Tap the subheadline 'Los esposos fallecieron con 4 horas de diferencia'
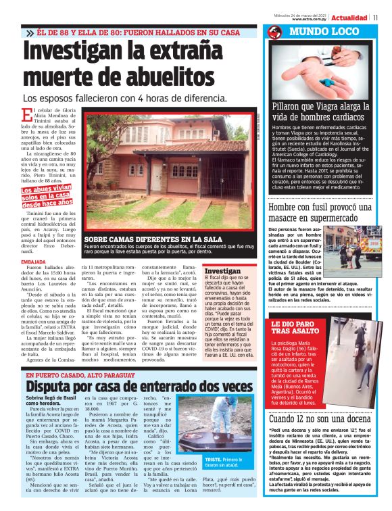coord(124,99)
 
